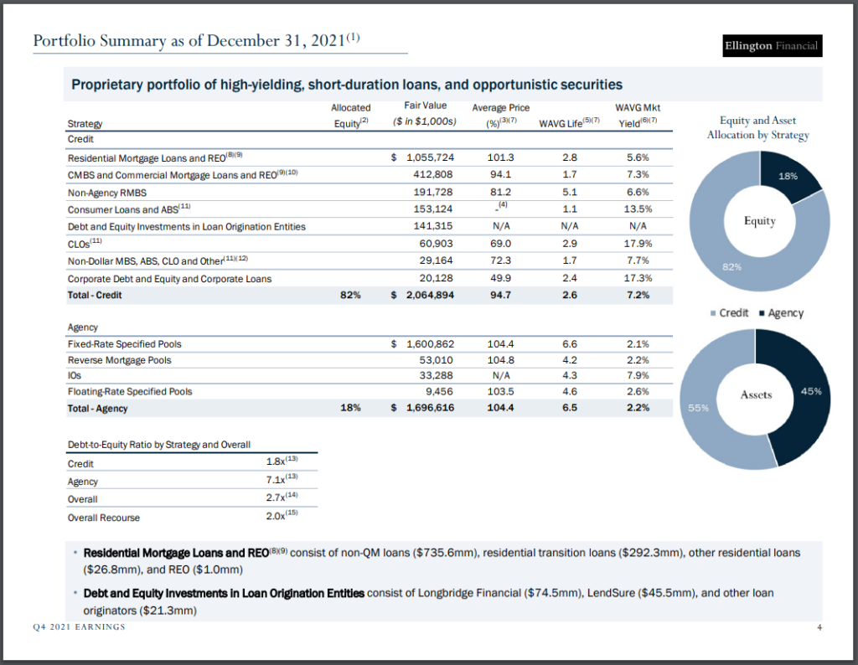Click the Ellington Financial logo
[771, 45]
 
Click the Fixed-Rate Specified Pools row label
[124, 344]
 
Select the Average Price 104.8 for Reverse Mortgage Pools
[500, 360]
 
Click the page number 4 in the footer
[819, 628]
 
